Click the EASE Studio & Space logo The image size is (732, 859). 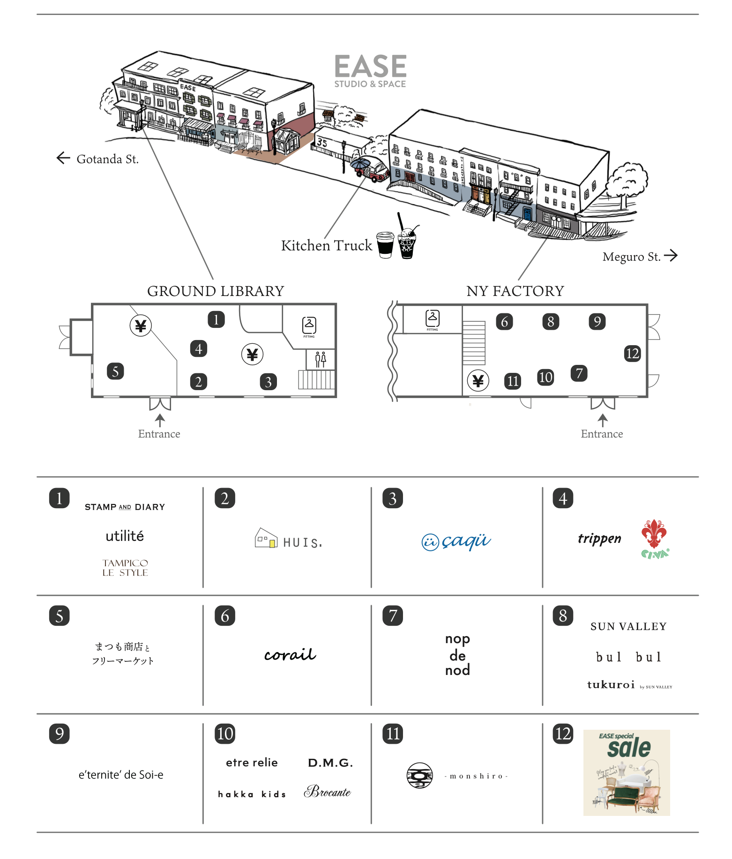370,70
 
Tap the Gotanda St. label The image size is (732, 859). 107,159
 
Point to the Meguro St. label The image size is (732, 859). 631,257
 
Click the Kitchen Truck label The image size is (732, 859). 326,245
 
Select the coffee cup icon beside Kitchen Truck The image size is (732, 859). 385,244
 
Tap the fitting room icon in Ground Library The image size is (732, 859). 309,326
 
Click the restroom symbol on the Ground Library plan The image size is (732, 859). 321,360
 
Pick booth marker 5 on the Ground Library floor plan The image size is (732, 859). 115,371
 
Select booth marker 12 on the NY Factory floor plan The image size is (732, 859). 632,353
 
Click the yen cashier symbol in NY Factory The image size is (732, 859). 478,381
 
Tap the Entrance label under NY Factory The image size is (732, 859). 602,434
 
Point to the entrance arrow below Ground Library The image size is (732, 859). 160,420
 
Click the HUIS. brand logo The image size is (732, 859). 289,540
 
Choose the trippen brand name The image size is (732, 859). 599,539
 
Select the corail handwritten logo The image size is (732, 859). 290,654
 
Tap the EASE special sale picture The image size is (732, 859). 626,772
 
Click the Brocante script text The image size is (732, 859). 328,792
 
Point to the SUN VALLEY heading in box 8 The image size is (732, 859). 628,627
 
